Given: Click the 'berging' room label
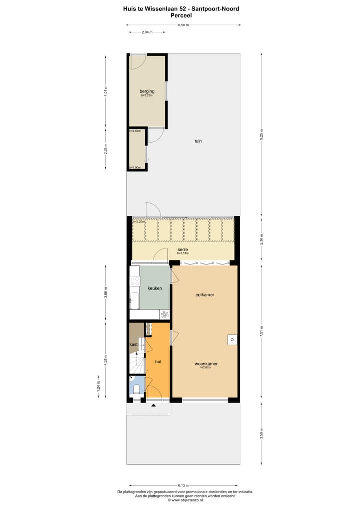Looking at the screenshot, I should click(147, 91).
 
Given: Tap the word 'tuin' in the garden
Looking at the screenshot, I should click(198, 141).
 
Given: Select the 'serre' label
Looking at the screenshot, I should click(183, 249).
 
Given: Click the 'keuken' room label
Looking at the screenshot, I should click(154, 288).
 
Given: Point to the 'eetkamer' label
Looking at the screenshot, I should click(205, 295).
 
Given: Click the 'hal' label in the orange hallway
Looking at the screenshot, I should click(158, 361).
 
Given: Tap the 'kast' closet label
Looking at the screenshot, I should click(133, 345).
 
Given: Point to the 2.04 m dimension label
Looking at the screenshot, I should click(147, 32).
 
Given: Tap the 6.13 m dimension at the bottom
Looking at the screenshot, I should click(183, 485).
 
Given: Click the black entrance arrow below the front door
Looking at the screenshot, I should click(153, 405).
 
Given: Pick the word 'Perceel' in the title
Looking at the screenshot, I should click(181, 15).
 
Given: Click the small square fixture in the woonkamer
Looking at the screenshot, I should click(231, 339).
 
